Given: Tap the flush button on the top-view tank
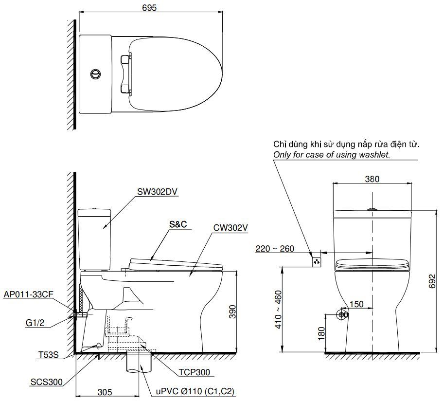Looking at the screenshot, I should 95,74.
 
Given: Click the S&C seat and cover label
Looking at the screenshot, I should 178,225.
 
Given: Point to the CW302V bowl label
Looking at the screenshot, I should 230,227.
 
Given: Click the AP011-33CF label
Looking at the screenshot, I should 28,295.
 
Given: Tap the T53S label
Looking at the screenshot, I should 48,355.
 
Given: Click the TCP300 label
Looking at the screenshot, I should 194,372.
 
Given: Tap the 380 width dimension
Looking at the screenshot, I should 372,179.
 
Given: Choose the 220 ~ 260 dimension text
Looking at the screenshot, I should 275,249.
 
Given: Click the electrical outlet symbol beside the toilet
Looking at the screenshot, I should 317,262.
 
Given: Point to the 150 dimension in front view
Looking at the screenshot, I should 356,304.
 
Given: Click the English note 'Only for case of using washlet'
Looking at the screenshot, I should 332,154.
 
